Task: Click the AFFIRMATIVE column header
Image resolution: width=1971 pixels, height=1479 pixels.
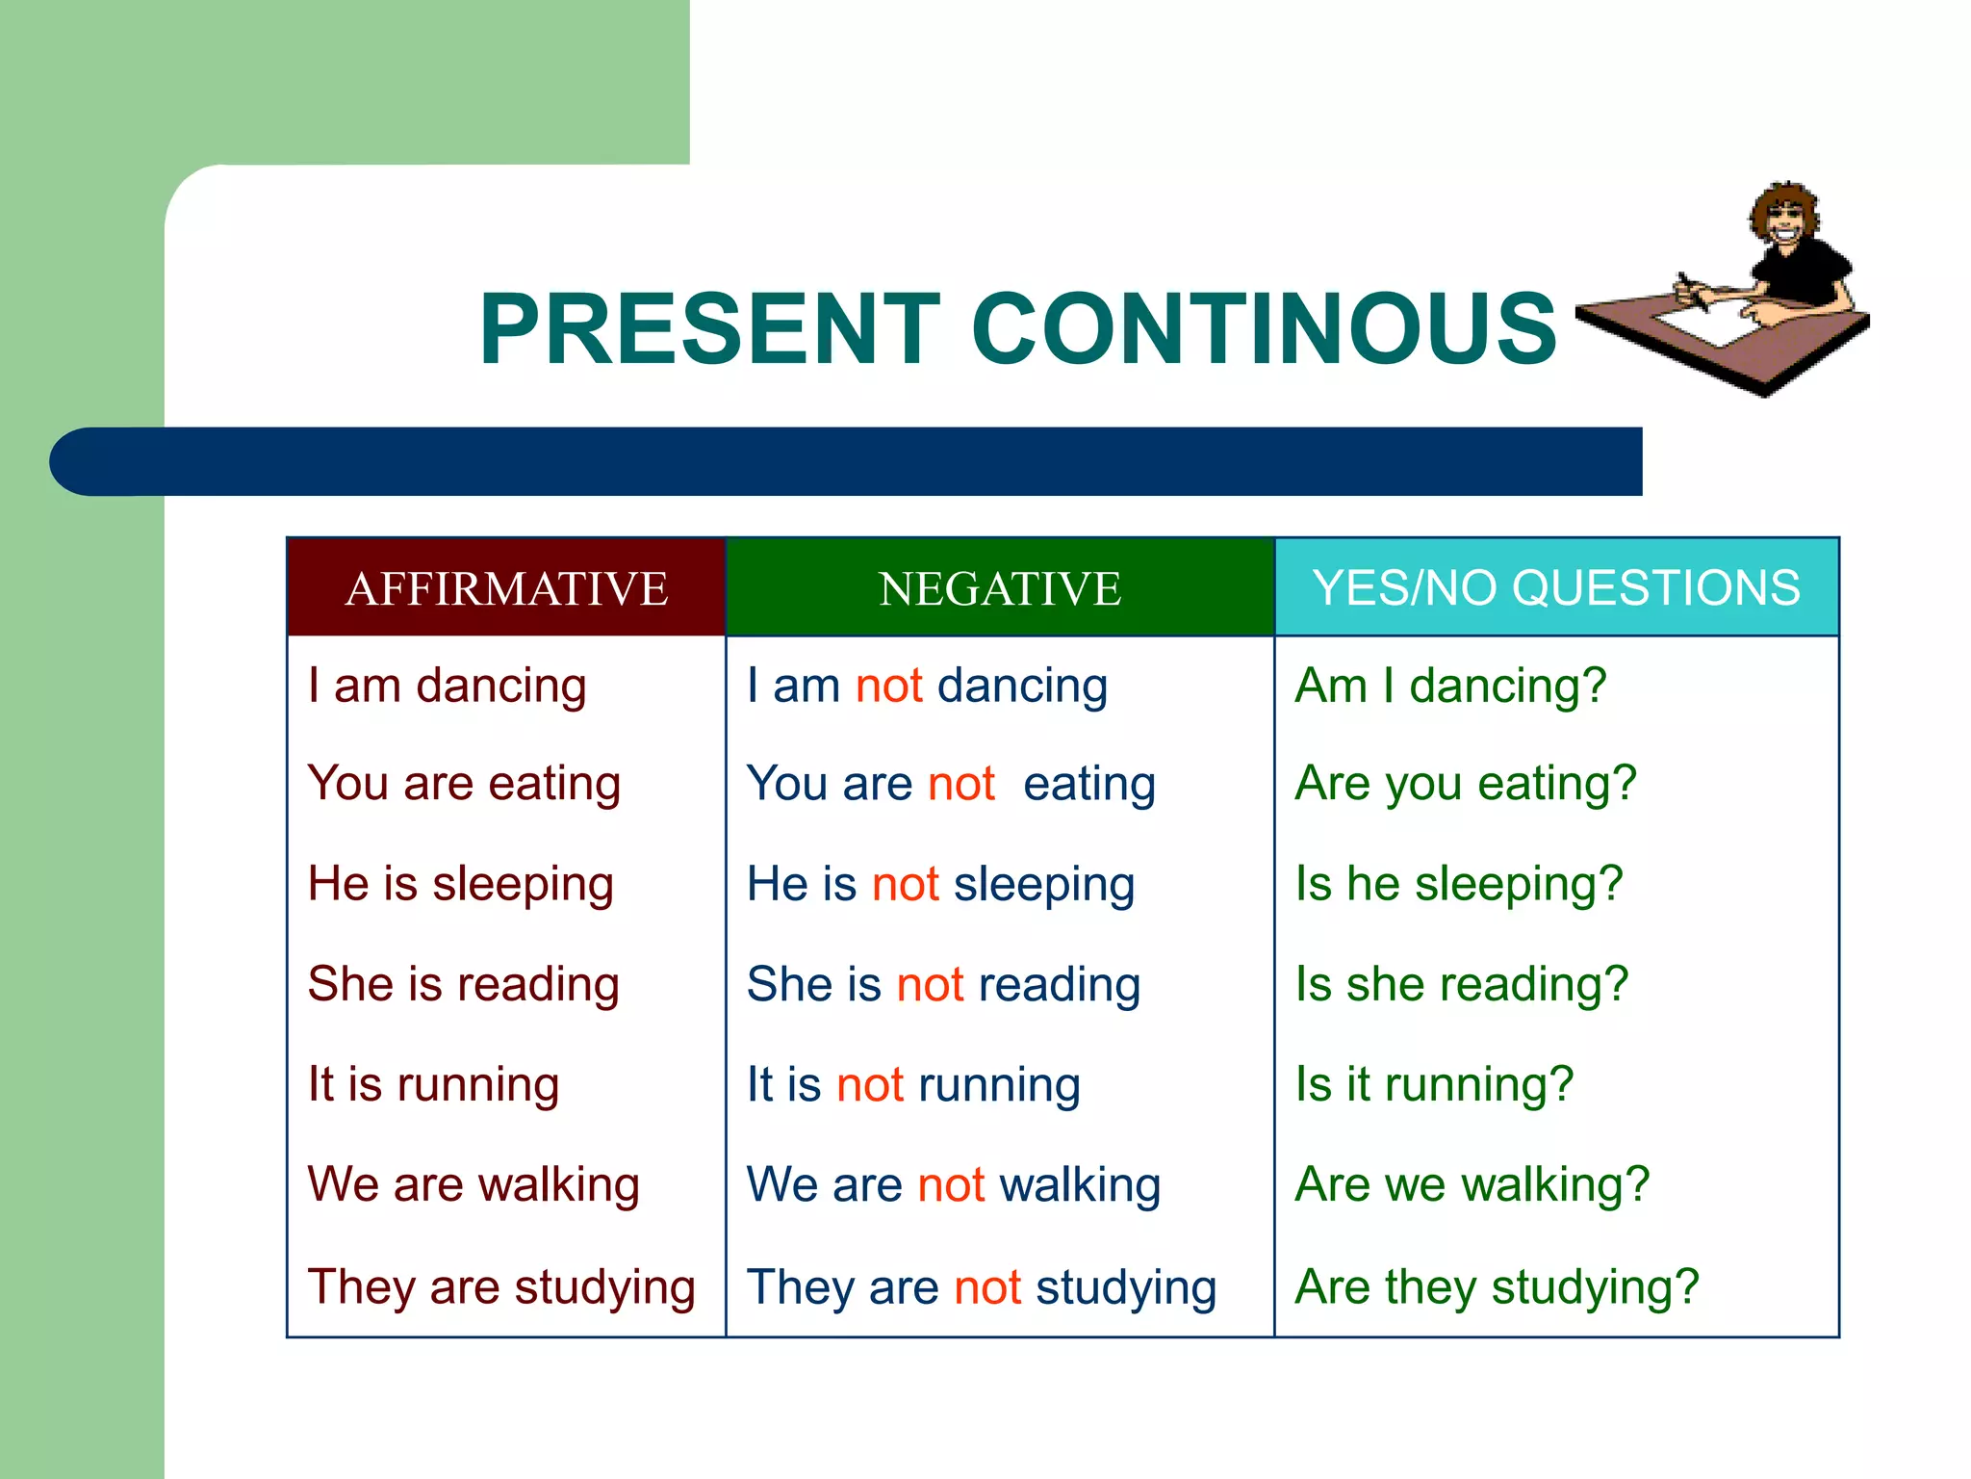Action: point(506,588)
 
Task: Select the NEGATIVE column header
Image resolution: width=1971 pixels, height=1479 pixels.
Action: point(1000,588)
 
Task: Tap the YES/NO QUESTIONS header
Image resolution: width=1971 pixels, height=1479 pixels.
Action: point(1556,587)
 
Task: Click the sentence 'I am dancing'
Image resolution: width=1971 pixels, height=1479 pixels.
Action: point(447,687)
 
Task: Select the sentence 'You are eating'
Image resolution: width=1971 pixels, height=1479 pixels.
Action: point(464,784)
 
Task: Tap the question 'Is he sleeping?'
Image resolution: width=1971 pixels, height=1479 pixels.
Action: point(1459,884)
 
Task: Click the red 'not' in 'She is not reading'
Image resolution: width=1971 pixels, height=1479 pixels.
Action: point(930,984)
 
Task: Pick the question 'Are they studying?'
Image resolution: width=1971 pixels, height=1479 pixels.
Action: point(1497,1286)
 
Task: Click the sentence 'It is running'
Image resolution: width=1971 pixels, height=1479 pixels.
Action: point(433,1084)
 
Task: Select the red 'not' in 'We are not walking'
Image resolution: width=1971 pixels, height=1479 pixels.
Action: point(951,1184)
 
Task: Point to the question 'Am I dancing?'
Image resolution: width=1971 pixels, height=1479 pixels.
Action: point(1450,687)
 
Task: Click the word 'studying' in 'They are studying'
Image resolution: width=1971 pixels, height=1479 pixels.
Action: point(604,1288)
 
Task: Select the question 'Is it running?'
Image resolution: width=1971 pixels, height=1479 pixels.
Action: point(1434,1084)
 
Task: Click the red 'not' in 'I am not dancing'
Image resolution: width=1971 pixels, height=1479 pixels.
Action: point(888,687)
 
